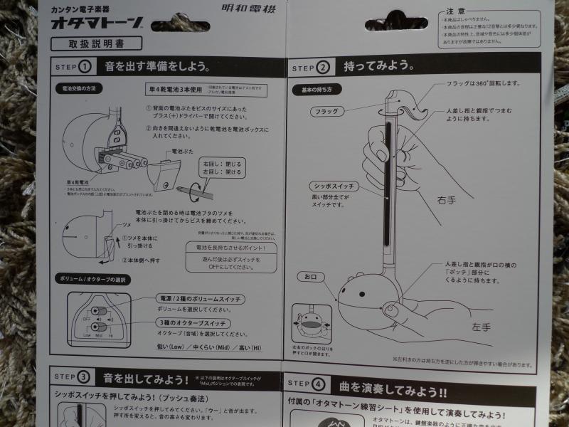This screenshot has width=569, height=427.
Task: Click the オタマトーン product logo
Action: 97,23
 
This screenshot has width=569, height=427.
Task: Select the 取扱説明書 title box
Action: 95,43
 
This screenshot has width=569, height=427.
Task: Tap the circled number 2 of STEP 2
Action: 322,68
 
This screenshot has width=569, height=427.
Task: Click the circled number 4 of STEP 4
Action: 317,385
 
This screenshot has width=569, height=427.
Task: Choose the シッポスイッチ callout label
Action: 334,186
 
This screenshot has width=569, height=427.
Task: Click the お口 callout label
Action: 310,275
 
